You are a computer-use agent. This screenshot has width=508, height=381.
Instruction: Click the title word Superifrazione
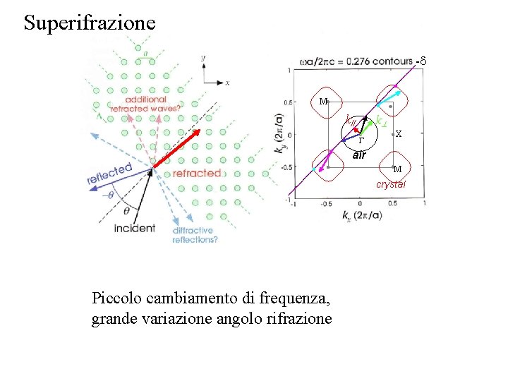point(89,22)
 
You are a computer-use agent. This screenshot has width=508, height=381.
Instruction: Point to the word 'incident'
point(134,229)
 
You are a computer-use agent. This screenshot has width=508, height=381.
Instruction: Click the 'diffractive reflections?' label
point(195,235)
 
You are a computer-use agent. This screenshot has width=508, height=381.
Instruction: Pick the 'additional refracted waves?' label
point(154,104)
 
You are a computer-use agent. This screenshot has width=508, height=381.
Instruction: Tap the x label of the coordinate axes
point(227,83)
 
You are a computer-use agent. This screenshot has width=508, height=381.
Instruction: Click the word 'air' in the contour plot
point(359,155)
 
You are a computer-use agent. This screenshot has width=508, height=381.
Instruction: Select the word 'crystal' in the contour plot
point(390,184)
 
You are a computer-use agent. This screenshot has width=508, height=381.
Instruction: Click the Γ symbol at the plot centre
point(360,140)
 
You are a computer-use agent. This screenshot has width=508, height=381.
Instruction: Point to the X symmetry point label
point(399,133)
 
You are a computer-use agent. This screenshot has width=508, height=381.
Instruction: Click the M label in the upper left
point(322,102)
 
